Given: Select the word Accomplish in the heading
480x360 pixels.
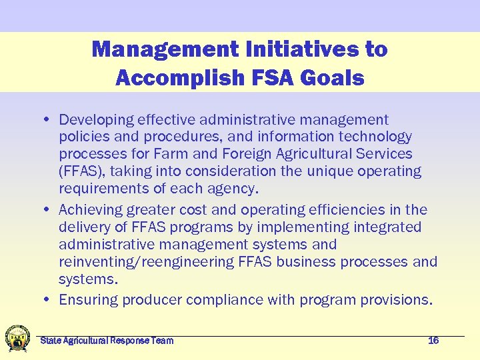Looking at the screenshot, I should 172,77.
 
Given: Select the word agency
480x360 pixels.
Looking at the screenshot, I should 234,189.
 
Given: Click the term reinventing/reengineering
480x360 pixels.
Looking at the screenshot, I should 146,262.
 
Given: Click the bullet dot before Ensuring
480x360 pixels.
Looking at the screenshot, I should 50,300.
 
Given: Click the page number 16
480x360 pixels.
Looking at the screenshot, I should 433,341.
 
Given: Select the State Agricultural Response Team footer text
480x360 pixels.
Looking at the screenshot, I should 107,341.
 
